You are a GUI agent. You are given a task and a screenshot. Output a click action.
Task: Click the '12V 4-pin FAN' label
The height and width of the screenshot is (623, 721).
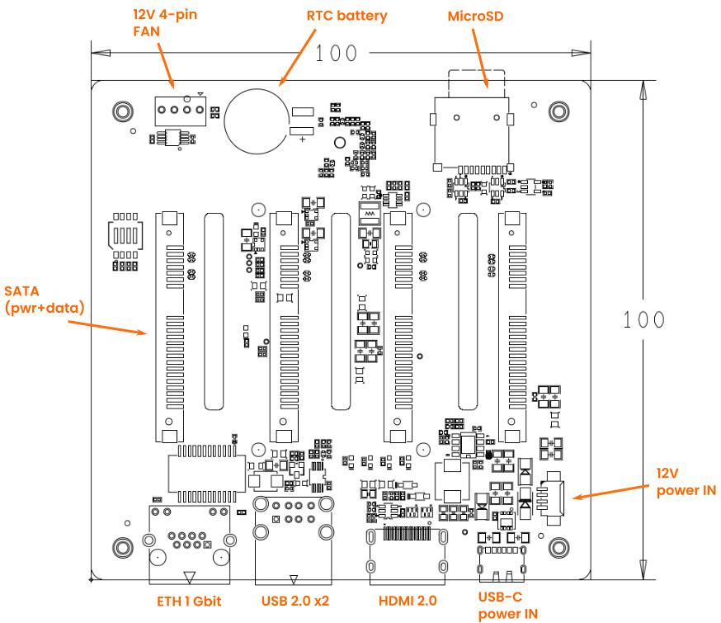(165, 22)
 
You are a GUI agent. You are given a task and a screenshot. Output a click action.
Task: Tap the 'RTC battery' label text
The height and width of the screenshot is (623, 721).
(346, 16)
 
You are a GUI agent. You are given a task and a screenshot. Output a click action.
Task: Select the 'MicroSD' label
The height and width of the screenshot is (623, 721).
(475, 17)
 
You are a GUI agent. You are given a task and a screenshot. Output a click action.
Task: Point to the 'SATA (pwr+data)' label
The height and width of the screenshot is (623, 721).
(45, 300)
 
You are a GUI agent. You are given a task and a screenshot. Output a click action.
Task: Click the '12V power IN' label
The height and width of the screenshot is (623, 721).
(686, 482)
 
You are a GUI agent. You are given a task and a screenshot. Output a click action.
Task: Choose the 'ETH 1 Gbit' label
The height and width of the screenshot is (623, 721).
(189, 602)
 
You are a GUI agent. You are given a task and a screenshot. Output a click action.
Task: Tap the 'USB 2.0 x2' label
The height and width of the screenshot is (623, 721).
(295, 601)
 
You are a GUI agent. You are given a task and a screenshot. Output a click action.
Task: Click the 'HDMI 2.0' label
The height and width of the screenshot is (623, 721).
(408, 601)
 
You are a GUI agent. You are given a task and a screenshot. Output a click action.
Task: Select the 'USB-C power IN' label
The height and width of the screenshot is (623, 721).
(507, 605)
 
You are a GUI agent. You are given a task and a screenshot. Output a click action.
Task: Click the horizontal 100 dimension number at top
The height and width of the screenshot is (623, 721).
(336, 54)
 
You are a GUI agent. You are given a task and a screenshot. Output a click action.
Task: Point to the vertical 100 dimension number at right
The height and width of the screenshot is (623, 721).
(643, 319)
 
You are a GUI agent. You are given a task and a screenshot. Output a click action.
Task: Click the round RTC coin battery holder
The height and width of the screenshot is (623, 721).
(225, 121)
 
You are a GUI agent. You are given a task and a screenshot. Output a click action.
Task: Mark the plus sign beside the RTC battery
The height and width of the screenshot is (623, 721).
(302, 139)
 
